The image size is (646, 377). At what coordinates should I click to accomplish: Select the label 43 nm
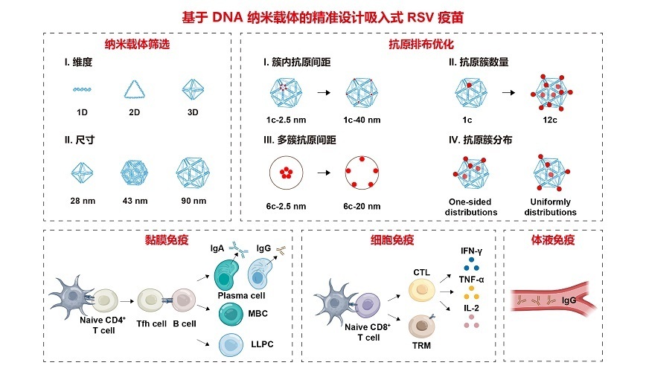[x=135, y=201]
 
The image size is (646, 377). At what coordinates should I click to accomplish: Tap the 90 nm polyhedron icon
[x=193, y=173]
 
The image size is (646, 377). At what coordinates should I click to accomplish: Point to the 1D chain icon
[x=82, y=89]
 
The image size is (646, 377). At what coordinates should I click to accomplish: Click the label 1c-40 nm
[x=362, y=120]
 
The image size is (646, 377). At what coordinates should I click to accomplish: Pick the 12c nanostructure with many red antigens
[x=551, y=93]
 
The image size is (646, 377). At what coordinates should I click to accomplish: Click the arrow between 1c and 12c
[x=508, y=93]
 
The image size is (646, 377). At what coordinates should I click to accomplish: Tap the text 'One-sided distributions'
[x=470, y=207]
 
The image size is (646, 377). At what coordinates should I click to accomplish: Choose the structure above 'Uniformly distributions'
[x=551, y=173]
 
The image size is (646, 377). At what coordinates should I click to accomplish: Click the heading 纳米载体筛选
[x=137, y=45]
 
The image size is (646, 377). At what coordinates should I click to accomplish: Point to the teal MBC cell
[x=231, y=314]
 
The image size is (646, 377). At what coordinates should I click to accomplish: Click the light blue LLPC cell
[x=231, y=345]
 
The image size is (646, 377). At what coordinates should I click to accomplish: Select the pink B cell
[x=184, y=300]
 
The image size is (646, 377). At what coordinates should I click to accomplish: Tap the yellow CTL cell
[x=422, y=290]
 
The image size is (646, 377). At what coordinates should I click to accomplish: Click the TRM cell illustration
[x=421, y=326]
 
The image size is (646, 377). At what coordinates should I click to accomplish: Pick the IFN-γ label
[x=471, y=251]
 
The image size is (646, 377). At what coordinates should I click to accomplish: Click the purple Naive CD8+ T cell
[x=368, y=306]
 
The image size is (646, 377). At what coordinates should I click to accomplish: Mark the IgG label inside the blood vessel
[x=569, y=300]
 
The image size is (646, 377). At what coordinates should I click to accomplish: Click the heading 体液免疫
[x=552, y=240]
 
